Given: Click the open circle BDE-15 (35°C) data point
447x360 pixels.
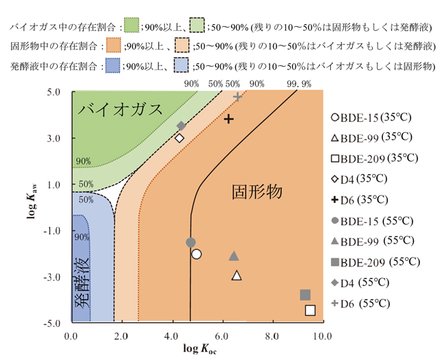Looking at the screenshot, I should coord(197,254).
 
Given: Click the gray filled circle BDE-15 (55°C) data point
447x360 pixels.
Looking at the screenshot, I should coord(190,242).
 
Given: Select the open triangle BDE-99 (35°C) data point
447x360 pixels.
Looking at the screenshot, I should coord(237,275).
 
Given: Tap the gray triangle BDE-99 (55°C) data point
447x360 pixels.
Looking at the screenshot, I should coord(234,256).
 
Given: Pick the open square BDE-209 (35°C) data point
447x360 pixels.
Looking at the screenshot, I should coord(310,310).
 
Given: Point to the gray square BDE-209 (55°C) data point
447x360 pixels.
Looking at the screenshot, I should coord(305,295).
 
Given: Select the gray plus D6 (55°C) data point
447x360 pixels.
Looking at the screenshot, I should coord(238,96).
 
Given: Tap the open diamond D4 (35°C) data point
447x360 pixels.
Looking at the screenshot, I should coord(179,138).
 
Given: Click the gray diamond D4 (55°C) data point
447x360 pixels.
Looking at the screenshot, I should coord(182,126).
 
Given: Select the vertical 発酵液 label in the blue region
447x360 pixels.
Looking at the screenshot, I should coord(81,284).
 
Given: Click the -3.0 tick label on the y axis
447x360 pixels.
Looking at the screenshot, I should coord(54,277).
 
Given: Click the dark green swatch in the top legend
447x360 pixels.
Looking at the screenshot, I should coord(129,26).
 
